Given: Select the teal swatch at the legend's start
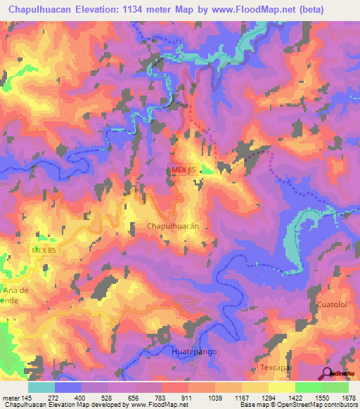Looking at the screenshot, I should (x=41, y=387).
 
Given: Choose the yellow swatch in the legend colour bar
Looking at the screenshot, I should (x=281, y=387).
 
